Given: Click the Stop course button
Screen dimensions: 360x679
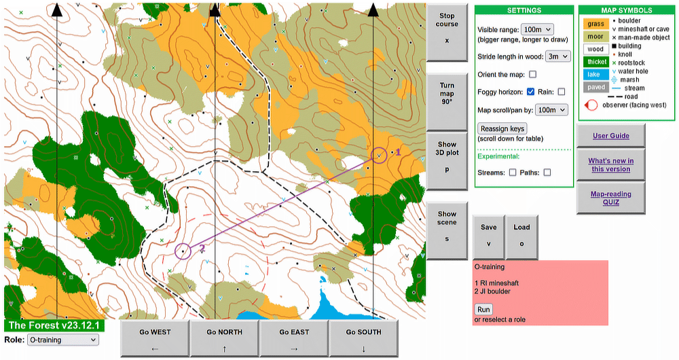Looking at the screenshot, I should tap(447, 28).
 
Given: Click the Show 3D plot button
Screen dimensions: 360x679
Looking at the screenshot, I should tap(447, 157).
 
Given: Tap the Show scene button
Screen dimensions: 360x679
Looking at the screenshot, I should tap(447, 226).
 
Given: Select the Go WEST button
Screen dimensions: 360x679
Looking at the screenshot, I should tap(155, 338).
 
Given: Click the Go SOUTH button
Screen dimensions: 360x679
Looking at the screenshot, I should tap(363, 338).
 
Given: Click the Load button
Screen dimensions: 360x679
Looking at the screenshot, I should tap(521, 234).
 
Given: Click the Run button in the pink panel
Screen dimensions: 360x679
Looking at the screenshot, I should tap(483, 309).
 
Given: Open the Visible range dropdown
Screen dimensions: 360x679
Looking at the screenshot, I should tap(537, 30).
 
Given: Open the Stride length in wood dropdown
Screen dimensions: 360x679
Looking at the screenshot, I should tap(557, 56).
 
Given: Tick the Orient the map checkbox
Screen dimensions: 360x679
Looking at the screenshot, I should tap(532, 74).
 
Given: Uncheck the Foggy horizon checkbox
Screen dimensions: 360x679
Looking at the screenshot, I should tap(531, 92).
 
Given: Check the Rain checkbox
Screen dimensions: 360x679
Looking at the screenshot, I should tap(562, 92).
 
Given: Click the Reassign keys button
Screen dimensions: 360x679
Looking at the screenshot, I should tap(502, 128).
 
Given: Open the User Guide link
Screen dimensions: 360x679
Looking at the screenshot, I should tap(610, 136).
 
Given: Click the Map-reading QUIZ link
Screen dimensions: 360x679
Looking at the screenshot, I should tap(610, 198).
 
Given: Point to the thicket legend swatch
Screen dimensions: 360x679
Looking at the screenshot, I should tap(595, 62).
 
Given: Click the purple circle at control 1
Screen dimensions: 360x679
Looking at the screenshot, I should tap(379, 156).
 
